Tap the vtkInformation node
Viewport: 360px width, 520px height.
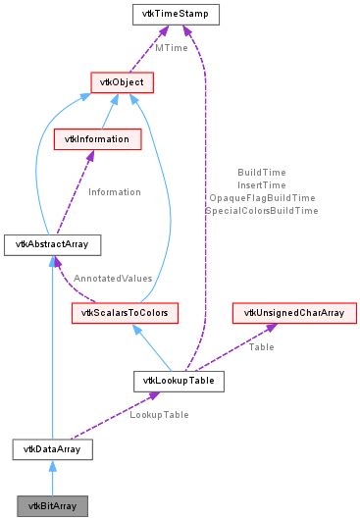pyautogui.click(x=91, y=139)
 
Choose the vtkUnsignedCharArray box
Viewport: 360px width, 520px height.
pyautogui.click(x=293, y=314)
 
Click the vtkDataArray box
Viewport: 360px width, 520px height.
pyautogui.click(x=52, y=449)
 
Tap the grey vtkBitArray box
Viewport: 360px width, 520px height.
pyautogui.click(x=52, y=506)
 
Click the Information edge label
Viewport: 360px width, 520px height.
pyautogui.click(x=116, y=192)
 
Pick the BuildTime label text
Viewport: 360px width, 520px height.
pyautogui.click(x=261, y=173)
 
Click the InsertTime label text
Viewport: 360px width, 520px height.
pyautogui.click(x=261, y=185)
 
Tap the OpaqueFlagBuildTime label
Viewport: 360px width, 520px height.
pyautogui.click(x=261, y=198)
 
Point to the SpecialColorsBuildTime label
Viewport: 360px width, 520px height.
pyautogui.click(x=261, y=211)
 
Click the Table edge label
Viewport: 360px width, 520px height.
pyautogui.click(x=261, y=346)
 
